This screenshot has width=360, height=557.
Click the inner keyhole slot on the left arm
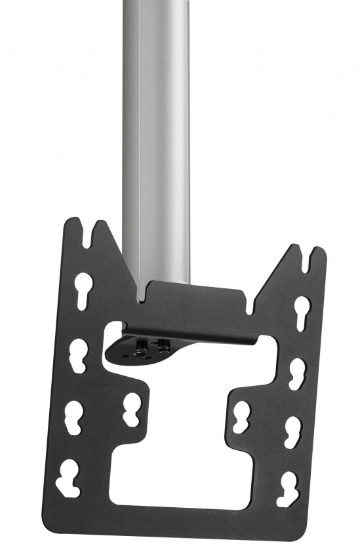(130, 410)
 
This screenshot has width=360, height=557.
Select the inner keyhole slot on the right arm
(240, 415)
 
